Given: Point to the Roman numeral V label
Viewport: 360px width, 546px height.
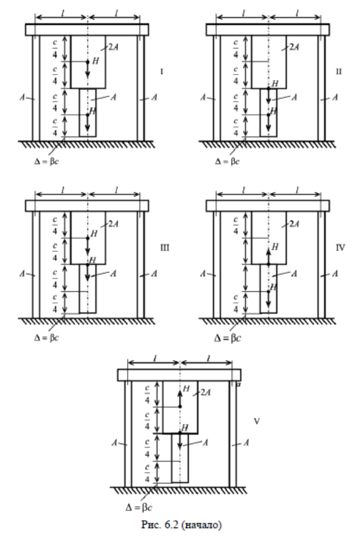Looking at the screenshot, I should coord(256,419).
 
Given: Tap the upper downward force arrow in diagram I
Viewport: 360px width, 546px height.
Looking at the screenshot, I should coord(87,68).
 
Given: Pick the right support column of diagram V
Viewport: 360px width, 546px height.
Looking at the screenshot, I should coord(232,434).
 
